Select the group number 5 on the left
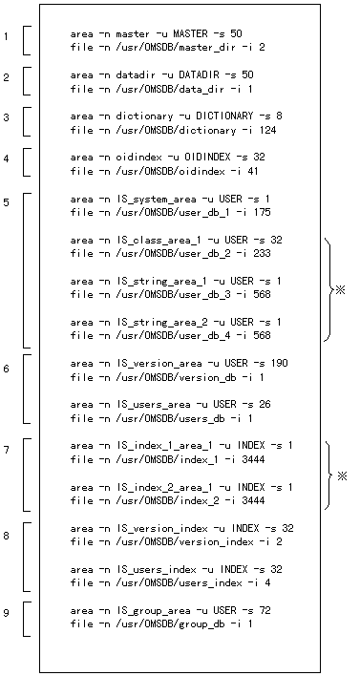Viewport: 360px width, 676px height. pyautogui.click(x=6, y=202)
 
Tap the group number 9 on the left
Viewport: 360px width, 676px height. pyautogui.click(x=6, y=612)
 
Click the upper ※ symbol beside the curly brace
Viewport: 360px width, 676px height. pyautogui.click(x=340, y=289)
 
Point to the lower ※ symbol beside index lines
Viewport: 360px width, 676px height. pyautogui.click(x=340, y=475)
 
